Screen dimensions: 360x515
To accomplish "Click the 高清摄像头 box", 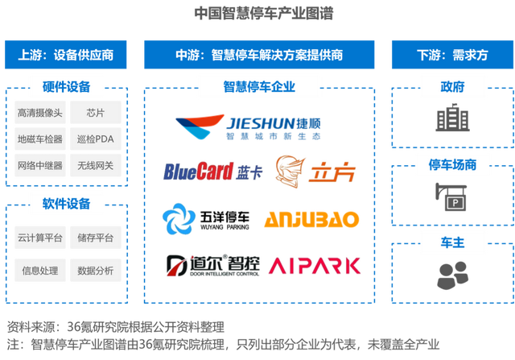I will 39,114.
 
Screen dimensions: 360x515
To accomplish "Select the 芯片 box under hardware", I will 95,114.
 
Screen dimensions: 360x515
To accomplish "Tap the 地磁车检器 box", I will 39,139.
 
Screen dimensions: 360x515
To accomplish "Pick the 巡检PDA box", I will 95,139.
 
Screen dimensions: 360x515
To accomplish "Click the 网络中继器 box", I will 39,165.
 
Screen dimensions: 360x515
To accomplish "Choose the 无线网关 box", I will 95,165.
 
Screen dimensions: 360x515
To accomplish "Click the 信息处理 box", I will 39,270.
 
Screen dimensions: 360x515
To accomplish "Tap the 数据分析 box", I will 95,270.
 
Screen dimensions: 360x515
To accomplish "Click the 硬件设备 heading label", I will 66,86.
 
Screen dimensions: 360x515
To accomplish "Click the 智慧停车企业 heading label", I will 258,86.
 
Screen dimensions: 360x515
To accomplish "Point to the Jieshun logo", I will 245,127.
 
